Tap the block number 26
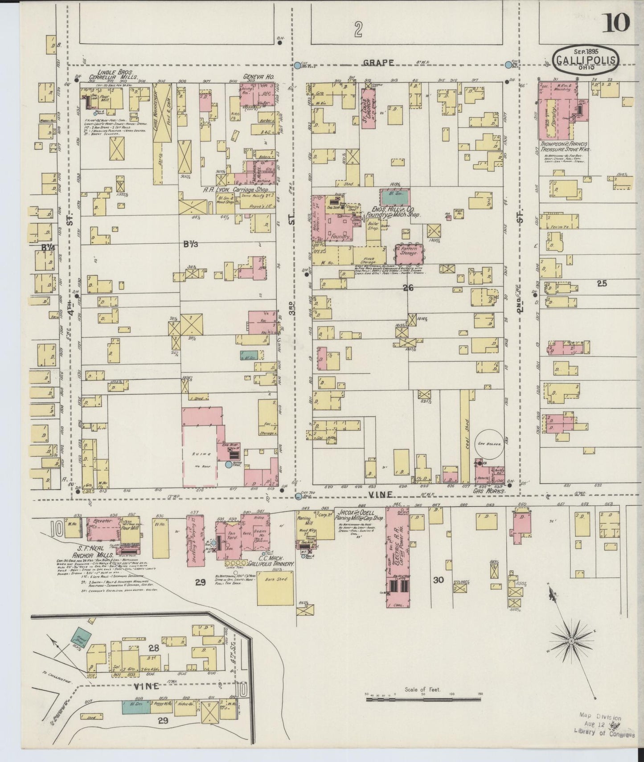[408, 288]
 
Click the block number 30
[439, 580]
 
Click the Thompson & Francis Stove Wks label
[566, 147]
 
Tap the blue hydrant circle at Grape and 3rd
[297, 66]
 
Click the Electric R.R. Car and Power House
[397, 557]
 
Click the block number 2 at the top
[357, 30]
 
